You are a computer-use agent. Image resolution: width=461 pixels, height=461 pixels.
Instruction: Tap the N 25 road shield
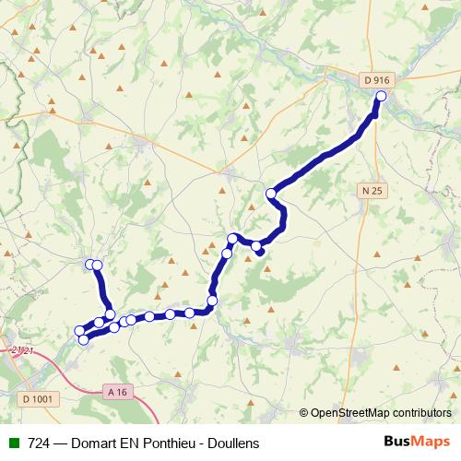click(x=371, y=189)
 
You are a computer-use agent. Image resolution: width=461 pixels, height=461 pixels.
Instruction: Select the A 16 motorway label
click(x=115, y=392)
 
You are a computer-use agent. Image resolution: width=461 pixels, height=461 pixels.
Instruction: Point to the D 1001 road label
click(x=37, y=398)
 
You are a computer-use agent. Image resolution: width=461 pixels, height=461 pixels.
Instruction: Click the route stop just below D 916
click(x=381, y=95)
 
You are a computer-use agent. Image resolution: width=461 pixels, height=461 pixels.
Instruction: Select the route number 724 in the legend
click(x=39, y=443)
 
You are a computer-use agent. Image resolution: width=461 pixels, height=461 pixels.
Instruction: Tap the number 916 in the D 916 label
click(x=384, y=80)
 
